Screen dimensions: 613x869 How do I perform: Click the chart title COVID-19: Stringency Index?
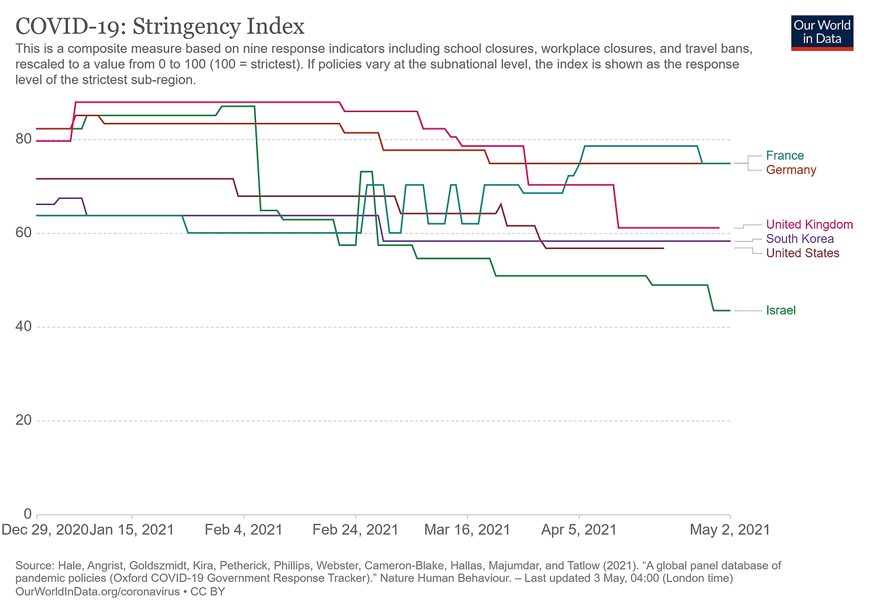click(160, 26)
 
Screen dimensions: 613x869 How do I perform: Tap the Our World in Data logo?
click(822, 31)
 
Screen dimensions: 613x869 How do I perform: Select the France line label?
click(784, 155)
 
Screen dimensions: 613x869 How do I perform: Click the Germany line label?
click(791, 170)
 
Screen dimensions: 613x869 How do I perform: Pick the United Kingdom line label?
click(809, 225)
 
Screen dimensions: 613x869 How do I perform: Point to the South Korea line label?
click(800, 239)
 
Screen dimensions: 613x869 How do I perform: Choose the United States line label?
click(802, 253)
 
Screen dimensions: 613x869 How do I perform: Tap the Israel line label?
click(781, 310)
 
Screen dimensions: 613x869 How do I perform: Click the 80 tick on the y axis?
click(24, 139)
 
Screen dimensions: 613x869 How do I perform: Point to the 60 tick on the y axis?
click(24, 233)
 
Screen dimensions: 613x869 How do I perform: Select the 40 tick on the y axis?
click(24, 327)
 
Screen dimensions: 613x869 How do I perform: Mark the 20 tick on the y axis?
click(24, 420)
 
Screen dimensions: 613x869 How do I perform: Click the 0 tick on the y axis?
click(28, 514)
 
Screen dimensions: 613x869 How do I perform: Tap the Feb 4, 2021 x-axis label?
click(243, 530)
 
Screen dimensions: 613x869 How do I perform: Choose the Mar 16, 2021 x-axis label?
click(467, 530)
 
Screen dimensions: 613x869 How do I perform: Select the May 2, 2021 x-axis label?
click(730, 530)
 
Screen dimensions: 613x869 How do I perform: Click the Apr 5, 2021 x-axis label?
click(579, 530)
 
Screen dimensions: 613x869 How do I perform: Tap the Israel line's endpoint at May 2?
click(730, 310)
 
